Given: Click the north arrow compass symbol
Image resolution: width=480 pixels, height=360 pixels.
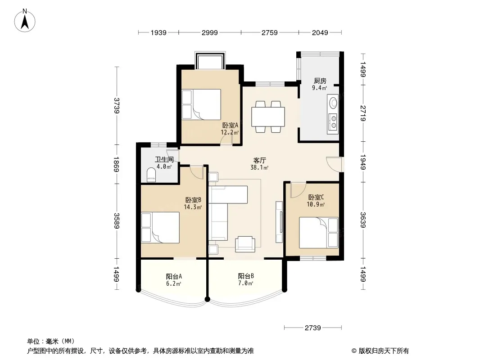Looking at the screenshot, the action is click(25, 21).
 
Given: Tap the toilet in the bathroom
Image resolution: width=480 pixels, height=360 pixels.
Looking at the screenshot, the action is click(151, 175).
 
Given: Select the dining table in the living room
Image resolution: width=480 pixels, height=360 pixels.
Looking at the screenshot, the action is click(268, 117).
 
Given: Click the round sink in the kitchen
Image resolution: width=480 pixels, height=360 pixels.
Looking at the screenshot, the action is click(333, 103).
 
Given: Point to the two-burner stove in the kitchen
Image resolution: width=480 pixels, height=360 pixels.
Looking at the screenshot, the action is click(333, 121).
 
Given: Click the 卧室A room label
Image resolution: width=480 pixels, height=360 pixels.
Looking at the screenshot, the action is click(230, 125).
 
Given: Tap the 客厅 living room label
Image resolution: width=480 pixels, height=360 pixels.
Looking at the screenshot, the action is click(260, 160).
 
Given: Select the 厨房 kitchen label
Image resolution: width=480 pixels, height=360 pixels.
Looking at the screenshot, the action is click(320, 81).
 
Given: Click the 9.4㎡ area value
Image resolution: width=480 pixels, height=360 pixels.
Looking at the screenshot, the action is click(319, 88).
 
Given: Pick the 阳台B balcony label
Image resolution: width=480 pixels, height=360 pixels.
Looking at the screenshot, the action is click(246, 276).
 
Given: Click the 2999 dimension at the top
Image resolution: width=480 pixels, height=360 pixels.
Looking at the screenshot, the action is click(210, 32).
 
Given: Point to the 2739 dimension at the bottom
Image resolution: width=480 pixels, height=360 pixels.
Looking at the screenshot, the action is click(313, 328).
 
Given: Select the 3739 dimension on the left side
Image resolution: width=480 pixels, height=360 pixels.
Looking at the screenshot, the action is click(116, 105).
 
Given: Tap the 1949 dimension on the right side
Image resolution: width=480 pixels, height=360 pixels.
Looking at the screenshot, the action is click(363, 162).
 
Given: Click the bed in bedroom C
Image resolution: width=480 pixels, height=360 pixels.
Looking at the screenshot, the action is click(319, 233).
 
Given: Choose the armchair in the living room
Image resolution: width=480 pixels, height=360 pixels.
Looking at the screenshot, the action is click(245, 244).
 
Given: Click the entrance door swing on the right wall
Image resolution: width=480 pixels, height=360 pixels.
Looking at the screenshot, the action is click(334, 164).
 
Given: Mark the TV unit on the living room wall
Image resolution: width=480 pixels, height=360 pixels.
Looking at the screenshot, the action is click(279, 222).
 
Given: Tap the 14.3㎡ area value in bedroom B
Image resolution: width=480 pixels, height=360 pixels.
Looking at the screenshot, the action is click(193, 207).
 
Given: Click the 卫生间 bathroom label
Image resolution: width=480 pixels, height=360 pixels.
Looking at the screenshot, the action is click(164, 159).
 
